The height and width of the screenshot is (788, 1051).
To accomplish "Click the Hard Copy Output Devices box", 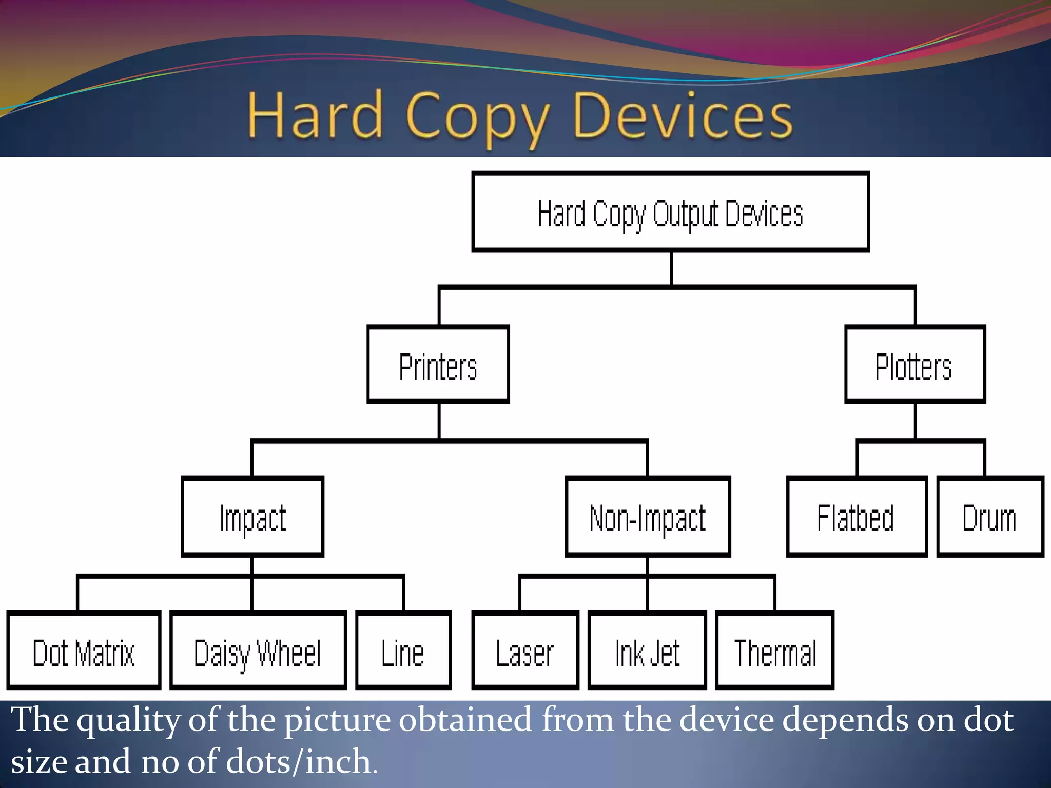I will [670, 212].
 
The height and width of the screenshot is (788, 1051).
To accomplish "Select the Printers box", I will [438, 365].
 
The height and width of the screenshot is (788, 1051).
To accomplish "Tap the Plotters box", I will [914, 365].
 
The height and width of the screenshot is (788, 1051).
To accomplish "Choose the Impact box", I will [252, 517].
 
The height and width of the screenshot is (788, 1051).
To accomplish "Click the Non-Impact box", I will [648, 517].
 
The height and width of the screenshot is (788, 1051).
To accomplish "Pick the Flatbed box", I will [857, 517].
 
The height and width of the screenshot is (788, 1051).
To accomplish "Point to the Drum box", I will [990, 517].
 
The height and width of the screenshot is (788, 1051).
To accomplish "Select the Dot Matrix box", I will [84, 651].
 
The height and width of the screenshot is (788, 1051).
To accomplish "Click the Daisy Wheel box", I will [258, 651].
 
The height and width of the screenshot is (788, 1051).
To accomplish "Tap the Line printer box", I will [403, 651].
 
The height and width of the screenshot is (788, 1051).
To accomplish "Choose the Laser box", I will [525, 651].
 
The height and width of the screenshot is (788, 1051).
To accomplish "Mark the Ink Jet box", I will [647, 651].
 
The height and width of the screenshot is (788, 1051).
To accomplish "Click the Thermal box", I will [774, 651].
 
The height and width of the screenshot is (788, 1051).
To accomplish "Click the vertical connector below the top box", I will [671, 268].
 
